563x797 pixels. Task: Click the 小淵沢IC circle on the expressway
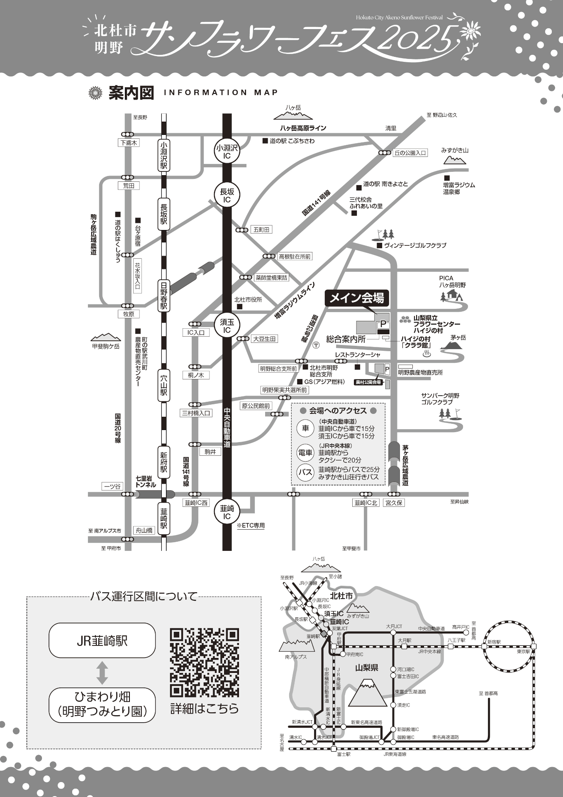point(227,152)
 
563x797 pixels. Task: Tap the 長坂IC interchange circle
point(227,196)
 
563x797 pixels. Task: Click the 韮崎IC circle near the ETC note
point(227,512)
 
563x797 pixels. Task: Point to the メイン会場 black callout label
point(356,298)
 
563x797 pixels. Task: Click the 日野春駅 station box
point(164,296)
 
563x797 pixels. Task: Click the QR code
point(205,663)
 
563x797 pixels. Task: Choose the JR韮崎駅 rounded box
point(102,641)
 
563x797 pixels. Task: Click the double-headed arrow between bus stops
point(102,673)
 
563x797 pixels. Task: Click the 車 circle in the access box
point(305,428)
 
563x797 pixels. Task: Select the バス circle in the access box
point(305,472)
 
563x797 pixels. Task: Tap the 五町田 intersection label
point(261,230)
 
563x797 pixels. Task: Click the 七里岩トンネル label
point(146,482)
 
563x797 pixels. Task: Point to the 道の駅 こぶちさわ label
point(292,141)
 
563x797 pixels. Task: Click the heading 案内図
point(131,93)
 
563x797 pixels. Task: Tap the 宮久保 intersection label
point(394,503)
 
